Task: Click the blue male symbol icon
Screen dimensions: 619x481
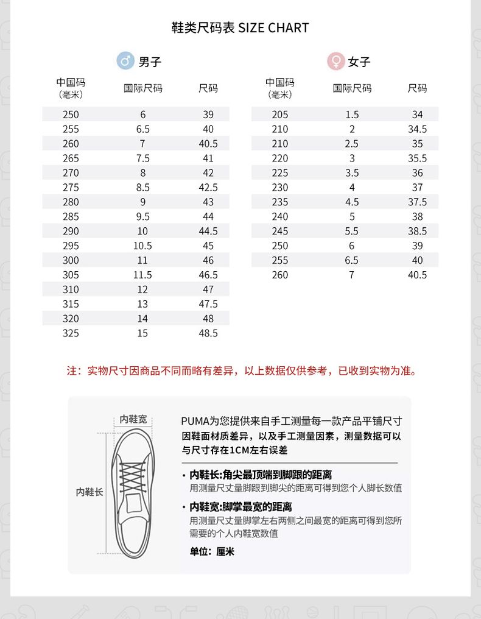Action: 125,61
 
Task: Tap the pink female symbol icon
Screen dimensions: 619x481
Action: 335,61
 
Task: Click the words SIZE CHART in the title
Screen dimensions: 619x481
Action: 273,28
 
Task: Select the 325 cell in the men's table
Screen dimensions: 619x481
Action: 71,333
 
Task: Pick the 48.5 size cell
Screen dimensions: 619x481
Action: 208,333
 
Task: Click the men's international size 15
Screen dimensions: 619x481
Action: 142,333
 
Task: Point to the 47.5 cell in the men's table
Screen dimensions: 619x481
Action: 208,304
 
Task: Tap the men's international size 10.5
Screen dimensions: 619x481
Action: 142,246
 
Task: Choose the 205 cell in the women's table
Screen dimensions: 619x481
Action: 280,115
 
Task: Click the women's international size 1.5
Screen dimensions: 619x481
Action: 352,115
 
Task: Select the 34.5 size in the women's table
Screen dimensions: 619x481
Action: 417,129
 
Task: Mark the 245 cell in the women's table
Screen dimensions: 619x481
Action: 280,231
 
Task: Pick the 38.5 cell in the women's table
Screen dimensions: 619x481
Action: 417,231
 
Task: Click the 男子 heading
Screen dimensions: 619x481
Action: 150,62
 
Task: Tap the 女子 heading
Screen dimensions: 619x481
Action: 359,62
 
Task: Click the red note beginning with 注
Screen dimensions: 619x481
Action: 241,370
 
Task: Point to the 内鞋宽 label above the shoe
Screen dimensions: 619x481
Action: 133,419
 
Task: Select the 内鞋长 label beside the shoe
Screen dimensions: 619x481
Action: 90,492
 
